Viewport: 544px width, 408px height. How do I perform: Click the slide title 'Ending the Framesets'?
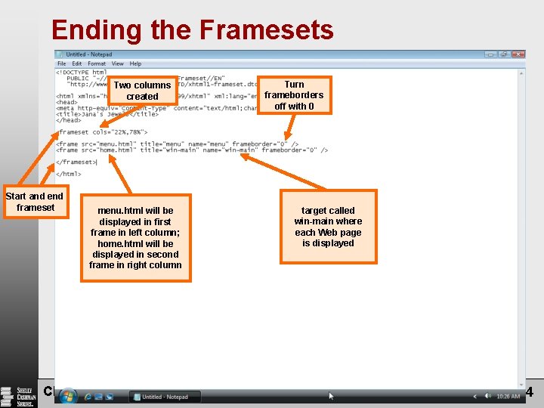point(192,30)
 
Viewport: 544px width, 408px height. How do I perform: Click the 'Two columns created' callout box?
point(142,91)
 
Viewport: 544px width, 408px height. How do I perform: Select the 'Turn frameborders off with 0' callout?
point(294,95)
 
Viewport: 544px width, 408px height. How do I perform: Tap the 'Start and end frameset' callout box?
point(36,202)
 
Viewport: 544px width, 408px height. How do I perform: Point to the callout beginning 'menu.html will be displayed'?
point(135,238)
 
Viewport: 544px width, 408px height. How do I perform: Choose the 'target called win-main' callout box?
point(328,227)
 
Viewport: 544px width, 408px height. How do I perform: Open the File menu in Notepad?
point(62,63)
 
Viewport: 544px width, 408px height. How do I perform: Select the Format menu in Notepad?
point(97,63)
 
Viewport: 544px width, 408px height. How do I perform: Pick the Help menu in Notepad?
point(135,63)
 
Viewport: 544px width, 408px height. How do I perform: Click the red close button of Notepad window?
point(518,54)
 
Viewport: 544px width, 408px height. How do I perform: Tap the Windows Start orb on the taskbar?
point(68,395)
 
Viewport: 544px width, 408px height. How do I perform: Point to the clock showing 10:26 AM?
point(508,396)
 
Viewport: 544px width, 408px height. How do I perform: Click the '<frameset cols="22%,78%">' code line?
point(97,132)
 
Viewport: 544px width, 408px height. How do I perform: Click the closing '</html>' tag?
point(69,174)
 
